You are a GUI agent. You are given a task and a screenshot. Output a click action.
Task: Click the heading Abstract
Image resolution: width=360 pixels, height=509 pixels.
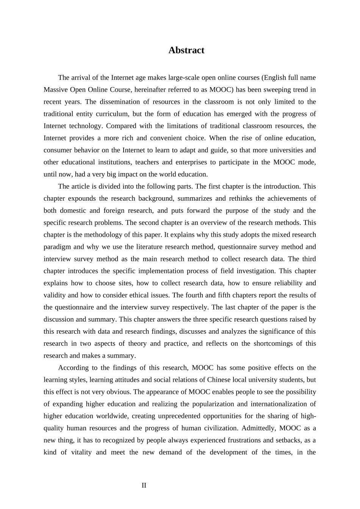pos(186,50)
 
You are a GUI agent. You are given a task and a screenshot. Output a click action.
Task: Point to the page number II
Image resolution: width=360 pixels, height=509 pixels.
pos(144,485)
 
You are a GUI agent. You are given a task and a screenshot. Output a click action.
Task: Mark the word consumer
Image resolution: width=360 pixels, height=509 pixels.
pos(57,150)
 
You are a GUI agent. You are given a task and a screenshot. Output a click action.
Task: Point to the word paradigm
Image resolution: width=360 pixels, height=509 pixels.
pos(57,247)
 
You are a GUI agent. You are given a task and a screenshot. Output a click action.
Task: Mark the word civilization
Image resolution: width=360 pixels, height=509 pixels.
pos(218,428)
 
